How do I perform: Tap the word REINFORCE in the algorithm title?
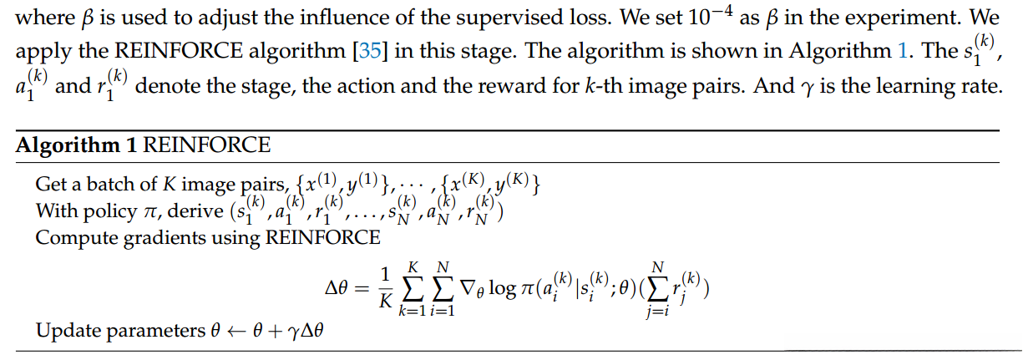[x=207, y=145]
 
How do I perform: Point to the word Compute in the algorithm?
[x=69, y=237]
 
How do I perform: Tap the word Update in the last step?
[x=63, y=332]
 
